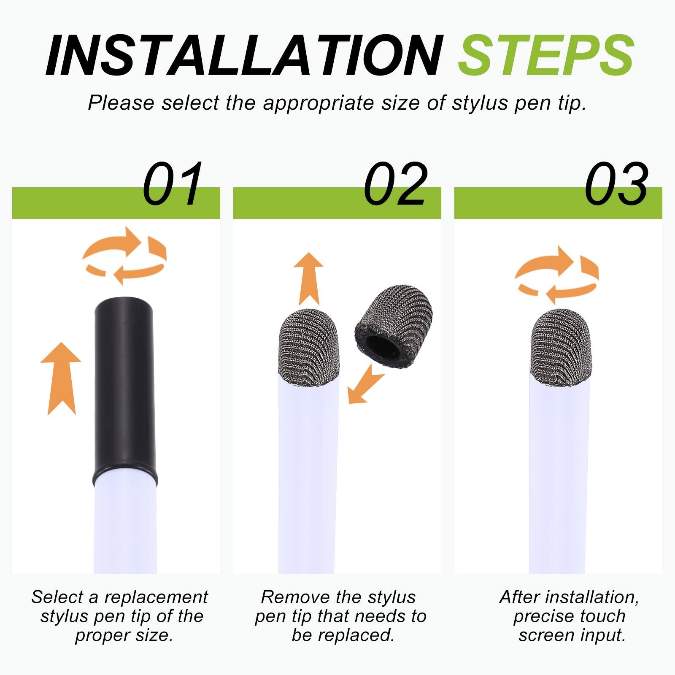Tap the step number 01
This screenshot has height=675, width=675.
pos(172,184)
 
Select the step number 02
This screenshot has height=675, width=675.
pos(396,184)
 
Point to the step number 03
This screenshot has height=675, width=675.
pos(616,184)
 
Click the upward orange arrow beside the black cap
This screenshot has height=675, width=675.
pos(61,378)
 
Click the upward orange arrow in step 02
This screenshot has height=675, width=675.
pos(308,278)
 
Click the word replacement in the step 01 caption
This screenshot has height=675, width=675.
pos(156,597)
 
